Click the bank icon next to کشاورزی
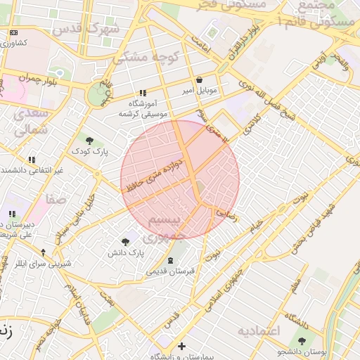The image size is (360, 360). click(x=15, y=33)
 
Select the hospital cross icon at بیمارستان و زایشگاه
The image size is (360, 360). click(x=181, y=346)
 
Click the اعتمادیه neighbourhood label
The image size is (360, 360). click(x=258, y=330)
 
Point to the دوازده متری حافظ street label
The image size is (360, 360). click(x=155, y=176)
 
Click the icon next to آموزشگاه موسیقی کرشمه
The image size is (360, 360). click(x=143, y=93)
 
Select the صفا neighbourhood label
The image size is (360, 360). click(x=56, y=199)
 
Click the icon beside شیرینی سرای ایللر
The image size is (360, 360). click(x=44, y=252)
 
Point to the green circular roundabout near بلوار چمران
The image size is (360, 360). click(x=97, y=93)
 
